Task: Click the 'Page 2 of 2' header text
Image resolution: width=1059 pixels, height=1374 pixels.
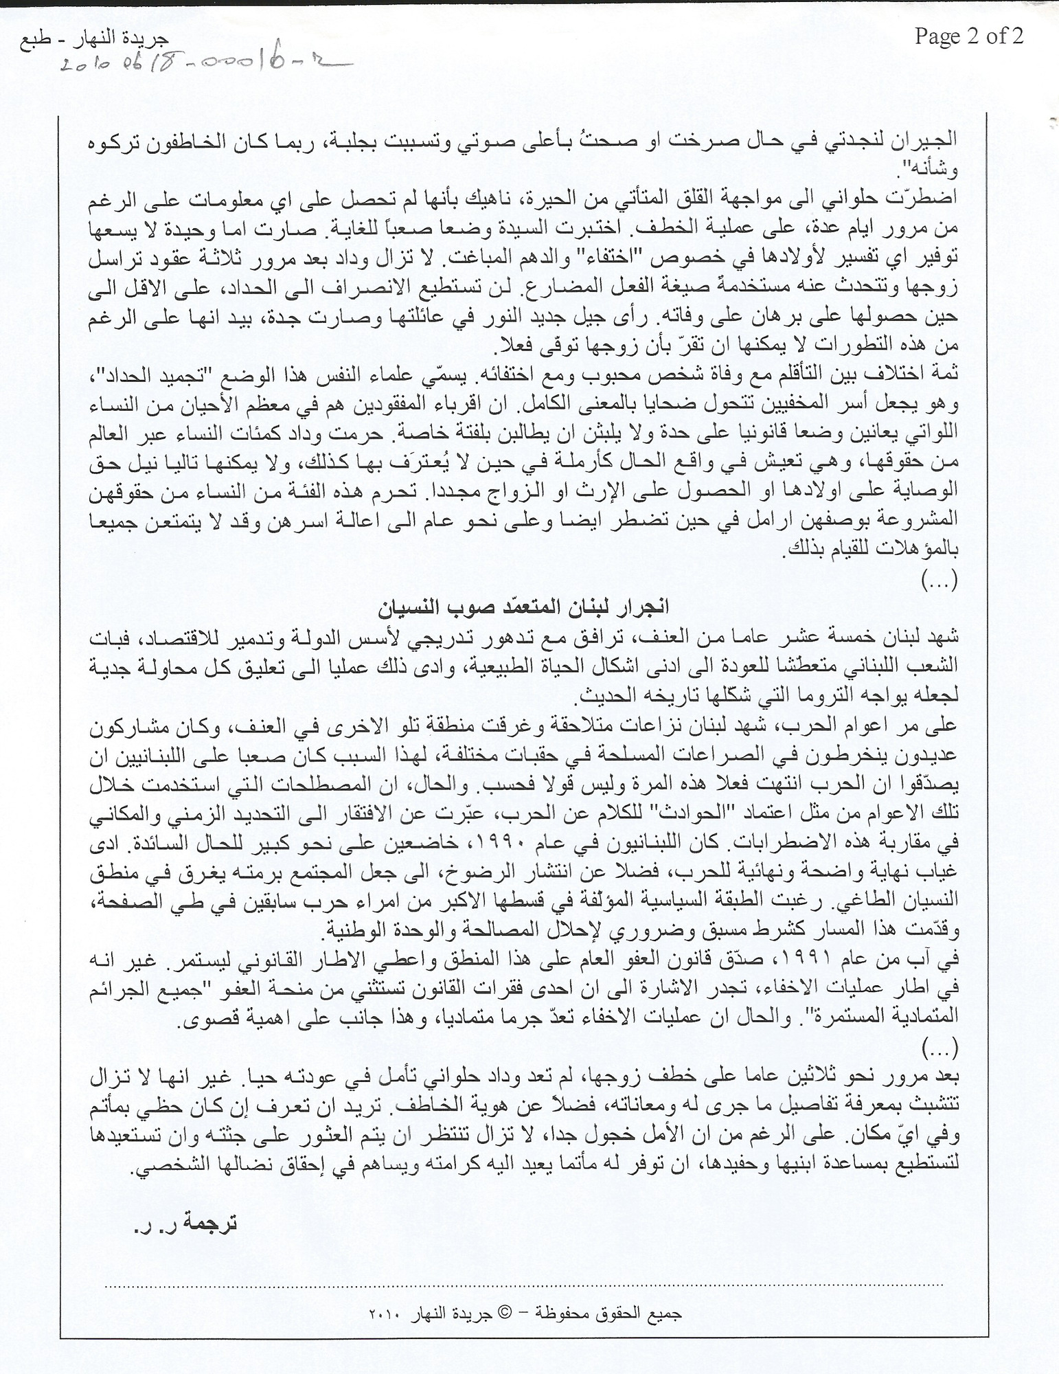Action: [968, 36]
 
